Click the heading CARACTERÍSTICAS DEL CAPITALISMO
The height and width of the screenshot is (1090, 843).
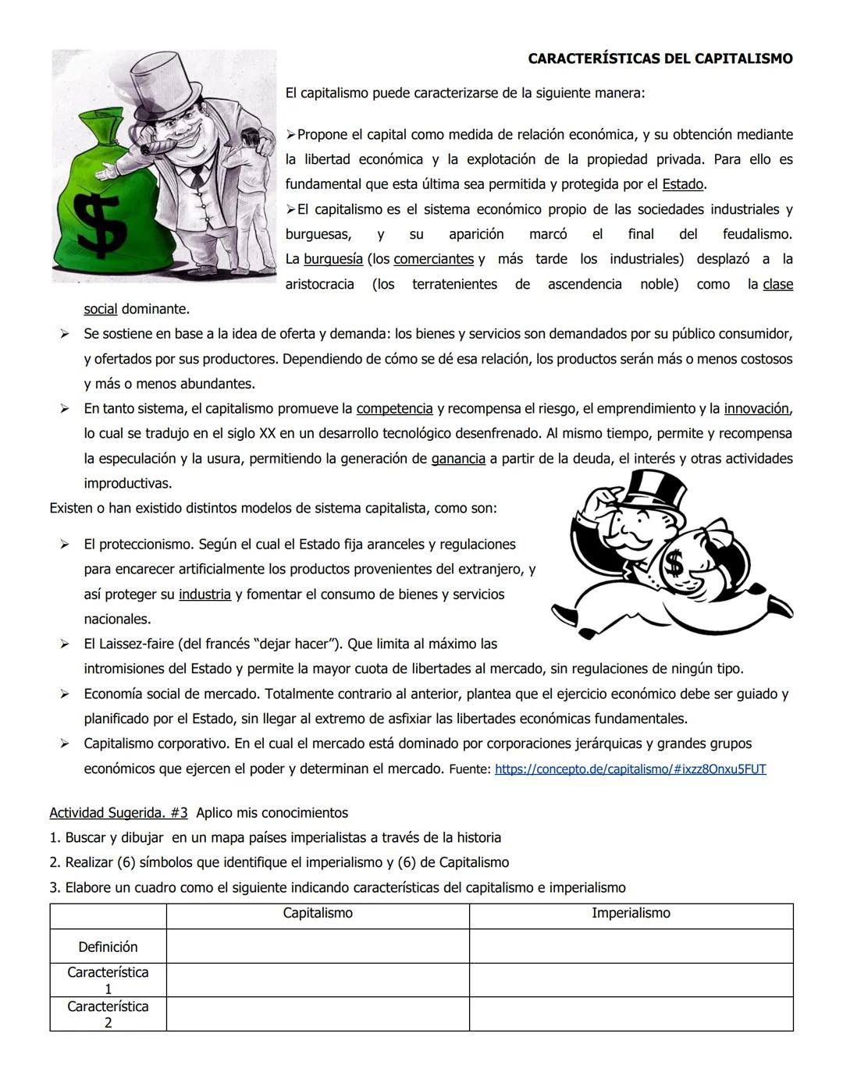click(x=660, y=59)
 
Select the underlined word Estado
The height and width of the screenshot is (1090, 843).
click(x=683, y=185)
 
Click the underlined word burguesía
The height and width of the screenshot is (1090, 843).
click(x=333, y=259)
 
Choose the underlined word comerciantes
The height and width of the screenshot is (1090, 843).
click(x=433, y=259)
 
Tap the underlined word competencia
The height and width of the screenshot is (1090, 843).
click(x=394, y=409)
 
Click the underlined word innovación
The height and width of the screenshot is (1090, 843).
click(x=756, y=409)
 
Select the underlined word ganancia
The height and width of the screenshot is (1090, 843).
click(x=458, y=459)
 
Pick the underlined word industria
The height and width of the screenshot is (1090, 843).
click(x=205, y=595)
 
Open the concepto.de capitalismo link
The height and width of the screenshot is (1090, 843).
click(x=630, y=769)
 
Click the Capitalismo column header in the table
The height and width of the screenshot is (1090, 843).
click(x=317, y=914)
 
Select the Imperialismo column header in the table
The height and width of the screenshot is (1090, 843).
click(x=631, y=914)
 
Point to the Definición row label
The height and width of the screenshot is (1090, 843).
click(x=108, y=947)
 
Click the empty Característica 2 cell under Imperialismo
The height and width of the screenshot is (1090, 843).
click(x=631, y=1014)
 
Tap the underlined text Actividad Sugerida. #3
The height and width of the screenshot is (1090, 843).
click(x=119, y=813)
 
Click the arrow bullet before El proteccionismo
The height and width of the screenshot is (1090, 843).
click(x=65, y=545)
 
